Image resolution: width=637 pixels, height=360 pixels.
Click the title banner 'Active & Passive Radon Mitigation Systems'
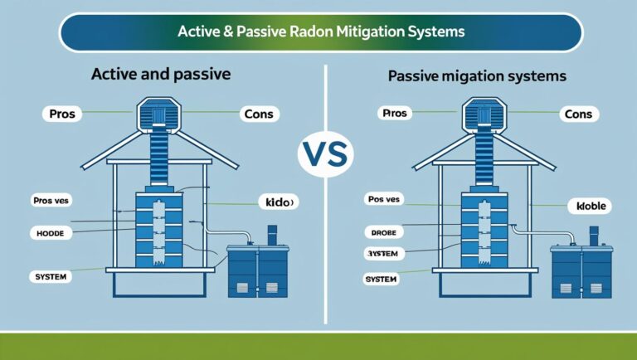pyautogui.click(x=321, y=32)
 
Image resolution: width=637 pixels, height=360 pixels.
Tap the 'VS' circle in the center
pyautogui.click(x=324, y=154)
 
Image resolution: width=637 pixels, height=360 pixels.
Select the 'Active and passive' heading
pyautogui.click(x=161, y=74)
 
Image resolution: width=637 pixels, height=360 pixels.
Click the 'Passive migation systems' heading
pyautogui.click(x=477, y=75)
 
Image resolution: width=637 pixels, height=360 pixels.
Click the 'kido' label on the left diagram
pyautogui.click(x=277, y=202)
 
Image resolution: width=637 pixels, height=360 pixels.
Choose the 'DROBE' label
pyautogui.click(x=384, y=232)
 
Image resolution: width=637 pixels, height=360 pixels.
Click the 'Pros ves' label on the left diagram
pyautogui.click(x=53, y=201)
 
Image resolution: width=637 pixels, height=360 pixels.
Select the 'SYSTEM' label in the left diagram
pyautogui.click(x=52, y=275)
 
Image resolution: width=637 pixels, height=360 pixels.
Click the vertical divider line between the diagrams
pyautogui.click(x=324, y=249)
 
